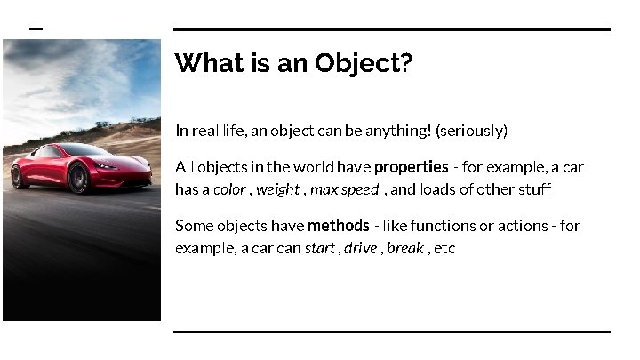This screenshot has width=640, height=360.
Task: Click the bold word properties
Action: [x=411, y=167]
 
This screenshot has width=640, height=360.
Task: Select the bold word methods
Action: [x=338, y=226]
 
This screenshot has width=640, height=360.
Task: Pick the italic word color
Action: [x=229, y=189]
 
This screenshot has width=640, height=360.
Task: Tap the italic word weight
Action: [x=277, y=189]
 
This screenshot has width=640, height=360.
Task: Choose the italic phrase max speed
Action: [x=344, y=189]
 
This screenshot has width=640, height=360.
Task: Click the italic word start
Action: [x=319, y=248]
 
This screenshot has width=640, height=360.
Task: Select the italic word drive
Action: [x=360, y=248]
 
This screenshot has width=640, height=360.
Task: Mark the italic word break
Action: [x=404, y=248]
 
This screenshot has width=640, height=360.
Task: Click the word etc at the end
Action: [x=444, y=248]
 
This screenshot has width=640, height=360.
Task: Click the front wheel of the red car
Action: [x=78, y=178]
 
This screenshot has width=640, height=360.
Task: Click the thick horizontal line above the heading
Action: [x=391, y=29]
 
